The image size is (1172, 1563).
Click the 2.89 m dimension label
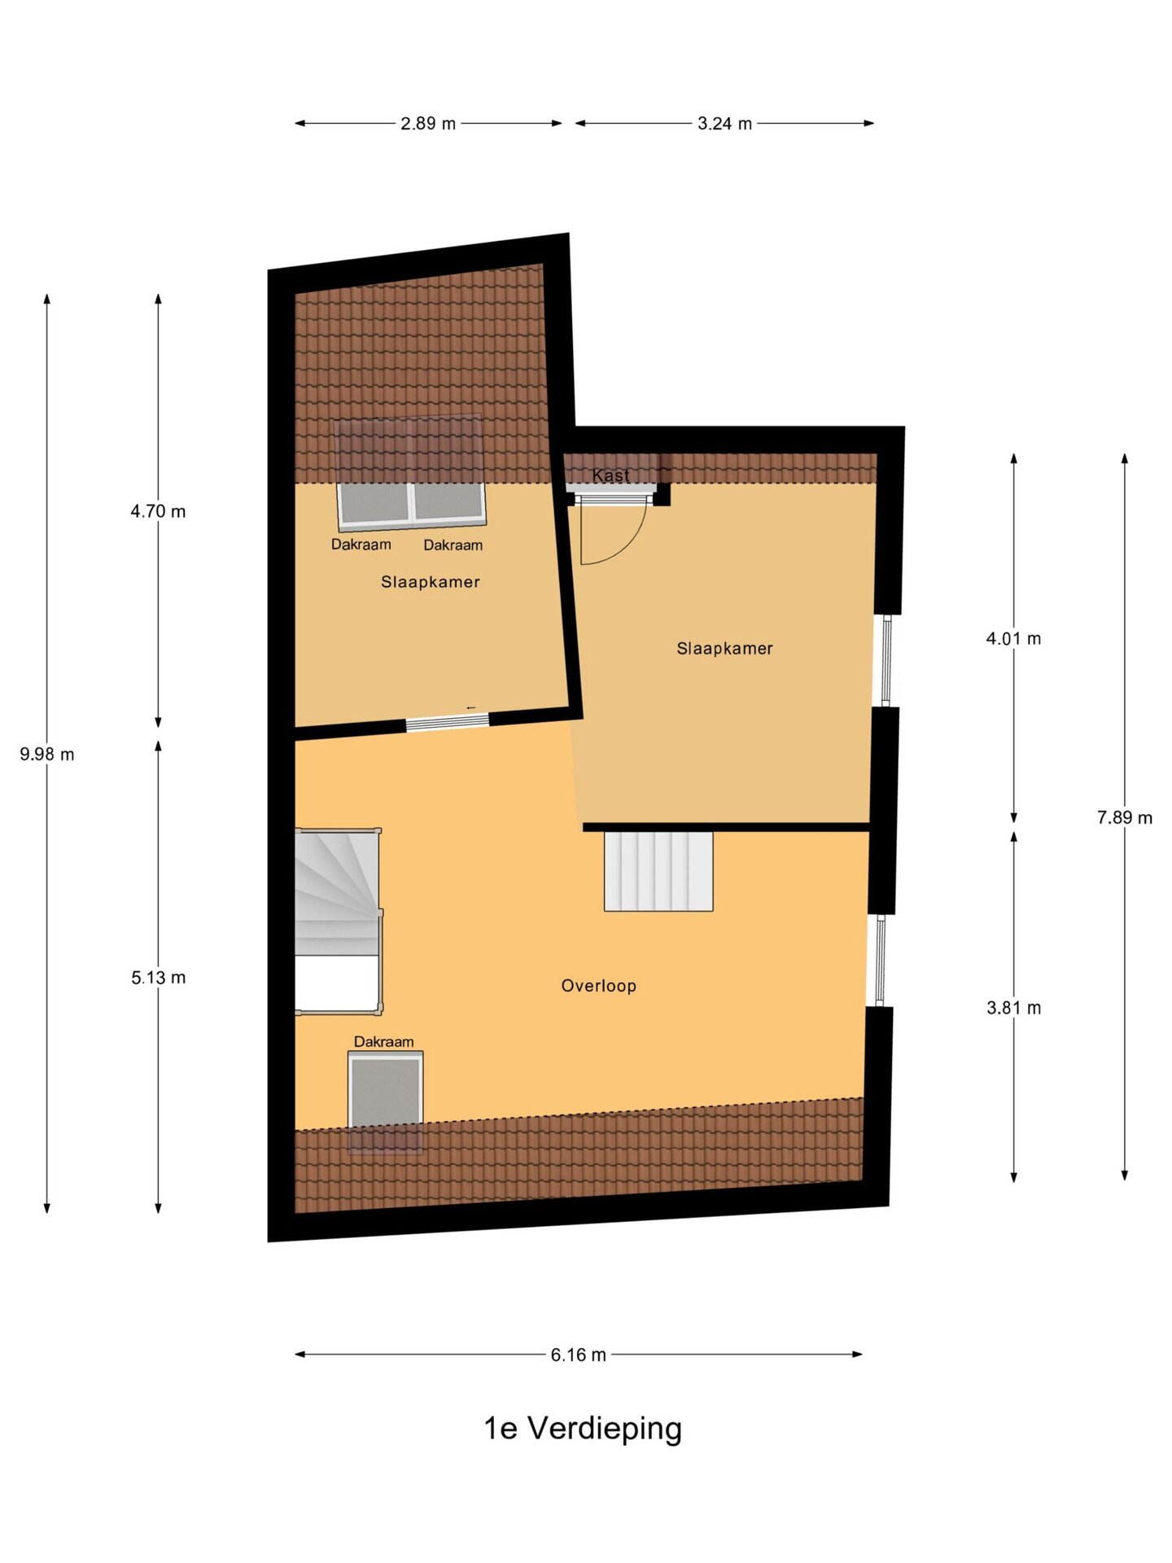point(428,124)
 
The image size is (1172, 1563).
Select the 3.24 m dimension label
point(724,124)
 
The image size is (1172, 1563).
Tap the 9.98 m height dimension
point(47,755)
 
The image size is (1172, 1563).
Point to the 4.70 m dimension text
point(158,511)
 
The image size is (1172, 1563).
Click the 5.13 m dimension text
point(158,978)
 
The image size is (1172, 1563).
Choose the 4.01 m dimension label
point(1013,639)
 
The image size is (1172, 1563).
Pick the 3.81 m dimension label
point(1013,1008)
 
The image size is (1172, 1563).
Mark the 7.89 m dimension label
point(1125,818)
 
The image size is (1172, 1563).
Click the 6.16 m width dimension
point(578,1355)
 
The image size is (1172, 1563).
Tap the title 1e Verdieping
point(583,1429)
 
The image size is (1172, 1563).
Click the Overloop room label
point(598,986)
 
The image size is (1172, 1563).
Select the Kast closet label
point(610,475)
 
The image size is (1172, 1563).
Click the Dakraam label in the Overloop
point(383,1042)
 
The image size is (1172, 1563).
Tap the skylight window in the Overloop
point(385,1101)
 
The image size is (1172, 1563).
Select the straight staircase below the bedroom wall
point(658,871)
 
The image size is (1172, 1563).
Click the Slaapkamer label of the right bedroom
point(724,649)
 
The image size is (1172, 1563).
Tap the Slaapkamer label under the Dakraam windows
point(430,582)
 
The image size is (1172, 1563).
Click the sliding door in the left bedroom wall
point(448,721)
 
